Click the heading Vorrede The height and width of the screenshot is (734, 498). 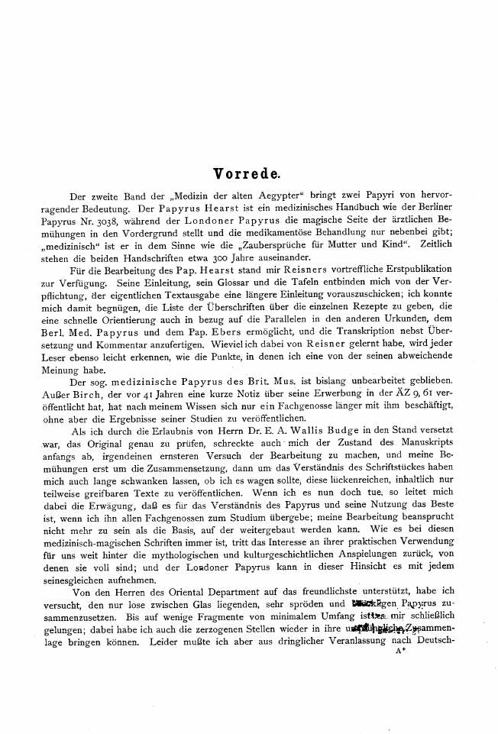(x=248, y=174)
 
